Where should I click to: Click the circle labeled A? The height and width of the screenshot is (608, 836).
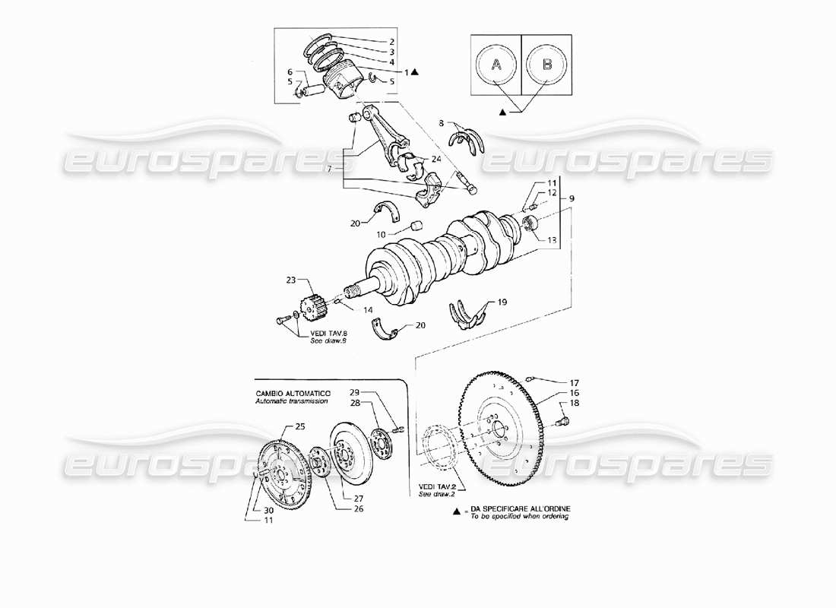(x=496, y=65)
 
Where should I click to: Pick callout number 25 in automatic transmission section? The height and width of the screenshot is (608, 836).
(x=299, y=428)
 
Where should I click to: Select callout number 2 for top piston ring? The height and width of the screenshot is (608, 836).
(x=391, y=41)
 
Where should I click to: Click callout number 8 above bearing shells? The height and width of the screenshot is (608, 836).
(x=441, y=122)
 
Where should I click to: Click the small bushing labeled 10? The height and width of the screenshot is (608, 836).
(x=416, y=226)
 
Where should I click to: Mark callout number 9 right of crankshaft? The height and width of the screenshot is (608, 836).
(x=572, y=198)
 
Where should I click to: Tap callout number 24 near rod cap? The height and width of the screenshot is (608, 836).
(x=435, y=159)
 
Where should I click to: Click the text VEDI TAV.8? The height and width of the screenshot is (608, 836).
(x=327, y=334)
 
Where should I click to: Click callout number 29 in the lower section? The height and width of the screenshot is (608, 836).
(x=354, y=392)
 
